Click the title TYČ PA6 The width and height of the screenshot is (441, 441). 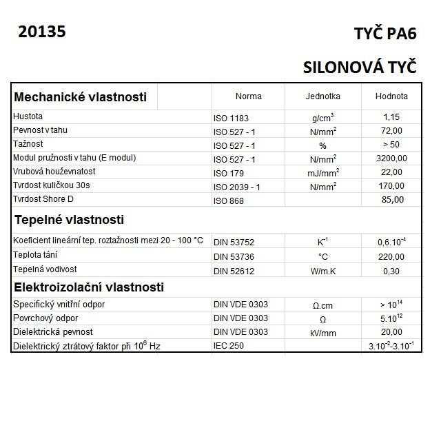tap(385, 35)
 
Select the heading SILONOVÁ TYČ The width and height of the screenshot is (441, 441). tap(360, 67)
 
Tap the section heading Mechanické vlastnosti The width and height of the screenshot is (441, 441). tap(81, 97)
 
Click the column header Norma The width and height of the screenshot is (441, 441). tap(249, 96)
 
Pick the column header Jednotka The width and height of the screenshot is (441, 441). tap(322, 96)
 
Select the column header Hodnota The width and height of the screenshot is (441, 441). tap(391, 96)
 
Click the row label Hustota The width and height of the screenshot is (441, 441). tap(28, 116)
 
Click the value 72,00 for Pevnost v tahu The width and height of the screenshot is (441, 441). tap(391, 131)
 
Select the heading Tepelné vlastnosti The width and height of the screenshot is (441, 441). tap(70, 220)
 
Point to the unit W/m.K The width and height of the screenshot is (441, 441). tap(322, 271)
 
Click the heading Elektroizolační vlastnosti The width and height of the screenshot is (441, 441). tap(89, 287)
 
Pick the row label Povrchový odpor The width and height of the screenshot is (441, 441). tap(45, 318)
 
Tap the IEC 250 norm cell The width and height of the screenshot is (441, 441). tap(229, 346)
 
